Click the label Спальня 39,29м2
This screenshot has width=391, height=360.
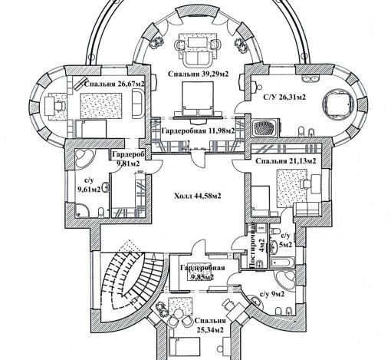(198, 74)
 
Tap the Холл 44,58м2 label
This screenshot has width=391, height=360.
(198, 197)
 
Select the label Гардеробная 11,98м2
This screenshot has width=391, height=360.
(198, 130)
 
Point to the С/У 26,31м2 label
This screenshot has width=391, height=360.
(284, 97)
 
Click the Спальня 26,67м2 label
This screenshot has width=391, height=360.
(114, 84)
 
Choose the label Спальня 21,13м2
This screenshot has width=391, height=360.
(286, 161)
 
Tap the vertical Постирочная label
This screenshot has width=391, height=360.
(256, 245)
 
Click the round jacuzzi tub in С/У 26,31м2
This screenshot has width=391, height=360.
(339, 104)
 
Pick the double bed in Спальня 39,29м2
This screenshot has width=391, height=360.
(197, 99)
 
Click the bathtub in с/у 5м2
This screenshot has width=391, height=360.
(283, 263)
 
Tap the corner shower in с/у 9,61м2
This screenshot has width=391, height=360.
(82, 210)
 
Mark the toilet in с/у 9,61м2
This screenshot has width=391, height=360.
(101, 213)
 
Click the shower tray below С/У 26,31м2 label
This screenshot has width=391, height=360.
(264, 128)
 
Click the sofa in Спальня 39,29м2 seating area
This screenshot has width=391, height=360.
(198, 58)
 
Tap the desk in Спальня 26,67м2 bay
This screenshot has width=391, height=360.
(50, 106)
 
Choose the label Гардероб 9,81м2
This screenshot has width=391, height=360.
(128, 159)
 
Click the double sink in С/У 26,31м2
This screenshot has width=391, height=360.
(310, 78)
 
